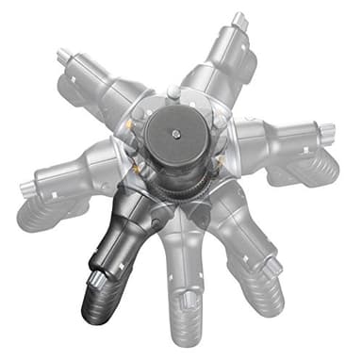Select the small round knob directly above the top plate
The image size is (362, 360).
(173, 91)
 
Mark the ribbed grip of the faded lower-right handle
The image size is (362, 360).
(267, 297)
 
